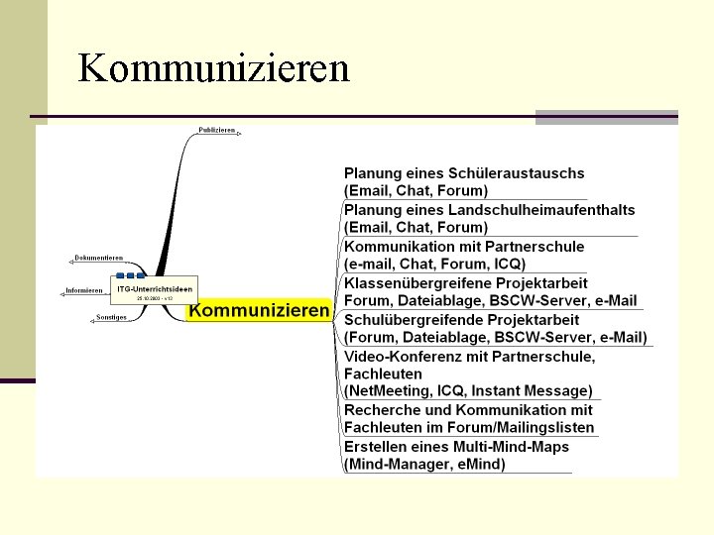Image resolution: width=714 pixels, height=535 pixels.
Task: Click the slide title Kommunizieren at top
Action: click(213, 68)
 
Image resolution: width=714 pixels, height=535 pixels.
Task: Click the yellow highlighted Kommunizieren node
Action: click(259, 311)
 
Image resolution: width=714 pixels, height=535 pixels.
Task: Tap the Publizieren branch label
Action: click(216, 130)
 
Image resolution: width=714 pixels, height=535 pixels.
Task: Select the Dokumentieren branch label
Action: click(100, 258)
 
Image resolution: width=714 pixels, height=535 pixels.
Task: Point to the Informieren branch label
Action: click(84, 290)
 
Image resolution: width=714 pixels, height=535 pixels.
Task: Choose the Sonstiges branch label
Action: click(111, 317)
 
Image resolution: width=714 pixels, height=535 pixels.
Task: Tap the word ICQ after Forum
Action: click(505, 264)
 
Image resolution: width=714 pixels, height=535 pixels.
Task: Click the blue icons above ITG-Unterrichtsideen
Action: click(129, 274)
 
